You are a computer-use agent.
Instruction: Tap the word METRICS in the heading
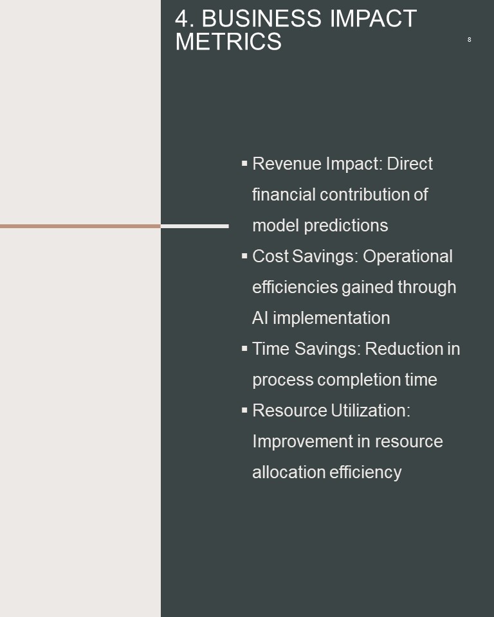click(228, 42)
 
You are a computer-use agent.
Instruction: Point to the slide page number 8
click(469, 39)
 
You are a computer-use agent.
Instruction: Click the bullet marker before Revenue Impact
click(244, 163)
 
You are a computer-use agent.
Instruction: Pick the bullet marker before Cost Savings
click(244, 255)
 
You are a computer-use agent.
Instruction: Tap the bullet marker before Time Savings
click(244, 348)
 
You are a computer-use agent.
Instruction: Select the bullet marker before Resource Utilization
click(244, 409)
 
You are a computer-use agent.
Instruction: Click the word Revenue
click(287, 164)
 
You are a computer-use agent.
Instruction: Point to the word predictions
click(346, 226)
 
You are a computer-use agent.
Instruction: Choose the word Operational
click(408, 256)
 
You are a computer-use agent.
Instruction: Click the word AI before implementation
click(261, 318)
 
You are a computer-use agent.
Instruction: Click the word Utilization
click(370, 411)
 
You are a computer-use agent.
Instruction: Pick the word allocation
click(289, 472)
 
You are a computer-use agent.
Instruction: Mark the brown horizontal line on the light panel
click(80, 226)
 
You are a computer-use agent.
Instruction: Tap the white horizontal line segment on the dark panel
click(195, 226)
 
